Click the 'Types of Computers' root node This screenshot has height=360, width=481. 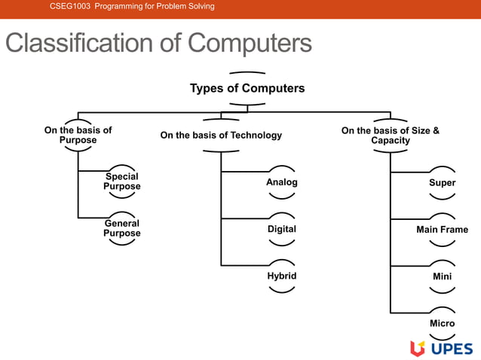(x=247, y=88)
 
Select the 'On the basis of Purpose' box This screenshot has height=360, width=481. (x=78, y=135)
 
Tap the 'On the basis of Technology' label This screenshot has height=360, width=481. (x=221, y=136)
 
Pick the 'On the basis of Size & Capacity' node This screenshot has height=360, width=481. (x=390, y=135)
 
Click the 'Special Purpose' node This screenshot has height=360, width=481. (x=121, y=182)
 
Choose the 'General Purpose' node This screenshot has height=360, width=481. (x=121, y=228)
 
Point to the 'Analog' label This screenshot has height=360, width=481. (x=281, y=182)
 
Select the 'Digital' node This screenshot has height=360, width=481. (x=281, y=229)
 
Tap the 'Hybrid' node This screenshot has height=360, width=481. (x=281, y=276)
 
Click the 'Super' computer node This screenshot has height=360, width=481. (x=442, y=183)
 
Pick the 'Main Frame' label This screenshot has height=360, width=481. (x=442, y=230)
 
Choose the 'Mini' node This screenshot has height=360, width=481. (x=442, y=276)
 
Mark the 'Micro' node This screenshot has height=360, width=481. (x=442, y=323)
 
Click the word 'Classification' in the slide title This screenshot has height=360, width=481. (x=80, y=43)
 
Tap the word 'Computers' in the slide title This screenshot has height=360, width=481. (x=250, y=43)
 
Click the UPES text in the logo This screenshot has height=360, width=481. (x=452, y=348)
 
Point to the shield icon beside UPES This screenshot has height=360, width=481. (x=417, y=348)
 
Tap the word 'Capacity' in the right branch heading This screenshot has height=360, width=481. (x=391, y=140)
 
